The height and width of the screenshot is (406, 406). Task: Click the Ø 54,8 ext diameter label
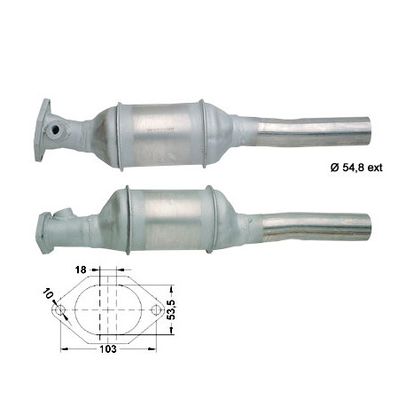click(356, 168)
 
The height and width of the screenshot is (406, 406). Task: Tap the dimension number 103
click(108, 349)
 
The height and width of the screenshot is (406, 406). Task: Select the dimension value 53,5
click(171, 309)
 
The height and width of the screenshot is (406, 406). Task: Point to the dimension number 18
click(81, 269)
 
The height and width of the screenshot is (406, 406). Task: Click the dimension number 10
click(48, 293)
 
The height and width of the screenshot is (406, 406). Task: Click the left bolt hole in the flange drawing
click(59, 310)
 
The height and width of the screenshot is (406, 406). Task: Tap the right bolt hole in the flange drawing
click(155, 310)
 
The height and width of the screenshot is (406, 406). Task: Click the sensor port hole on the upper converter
click(55, 129)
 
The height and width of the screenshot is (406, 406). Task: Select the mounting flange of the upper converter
click(43, 130)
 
